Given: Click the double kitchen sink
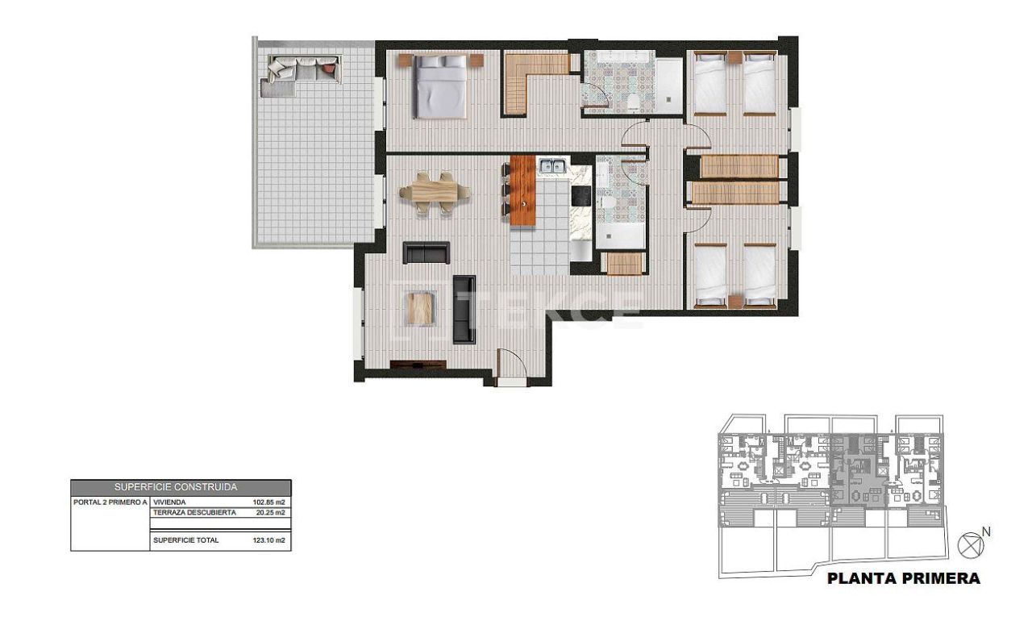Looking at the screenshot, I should click(x=551, y=167).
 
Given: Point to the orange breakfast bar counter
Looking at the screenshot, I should click(x=523, y=190).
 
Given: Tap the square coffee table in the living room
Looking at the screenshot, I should click(x=420, y=308).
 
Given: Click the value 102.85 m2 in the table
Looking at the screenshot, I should click(x=269, y=502).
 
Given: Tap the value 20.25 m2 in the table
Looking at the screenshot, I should click(x=270, y=512).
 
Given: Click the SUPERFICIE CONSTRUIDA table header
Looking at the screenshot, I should click(x=181, y=487).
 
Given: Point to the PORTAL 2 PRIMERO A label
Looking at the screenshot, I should click(x=110, y=502).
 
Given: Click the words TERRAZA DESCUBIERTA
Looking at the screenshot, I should click(x=194, y=512).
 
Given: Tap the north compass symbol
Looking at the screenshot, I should click(x=970, y=545).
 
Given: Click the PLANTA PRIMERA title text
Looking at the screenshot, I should click(x=905, y=578).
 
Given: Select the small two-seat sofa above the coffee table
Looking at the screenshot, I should click(x=426, y=252).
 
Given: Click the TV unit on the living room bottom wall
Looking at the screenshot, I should click(x=418, y=365).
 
